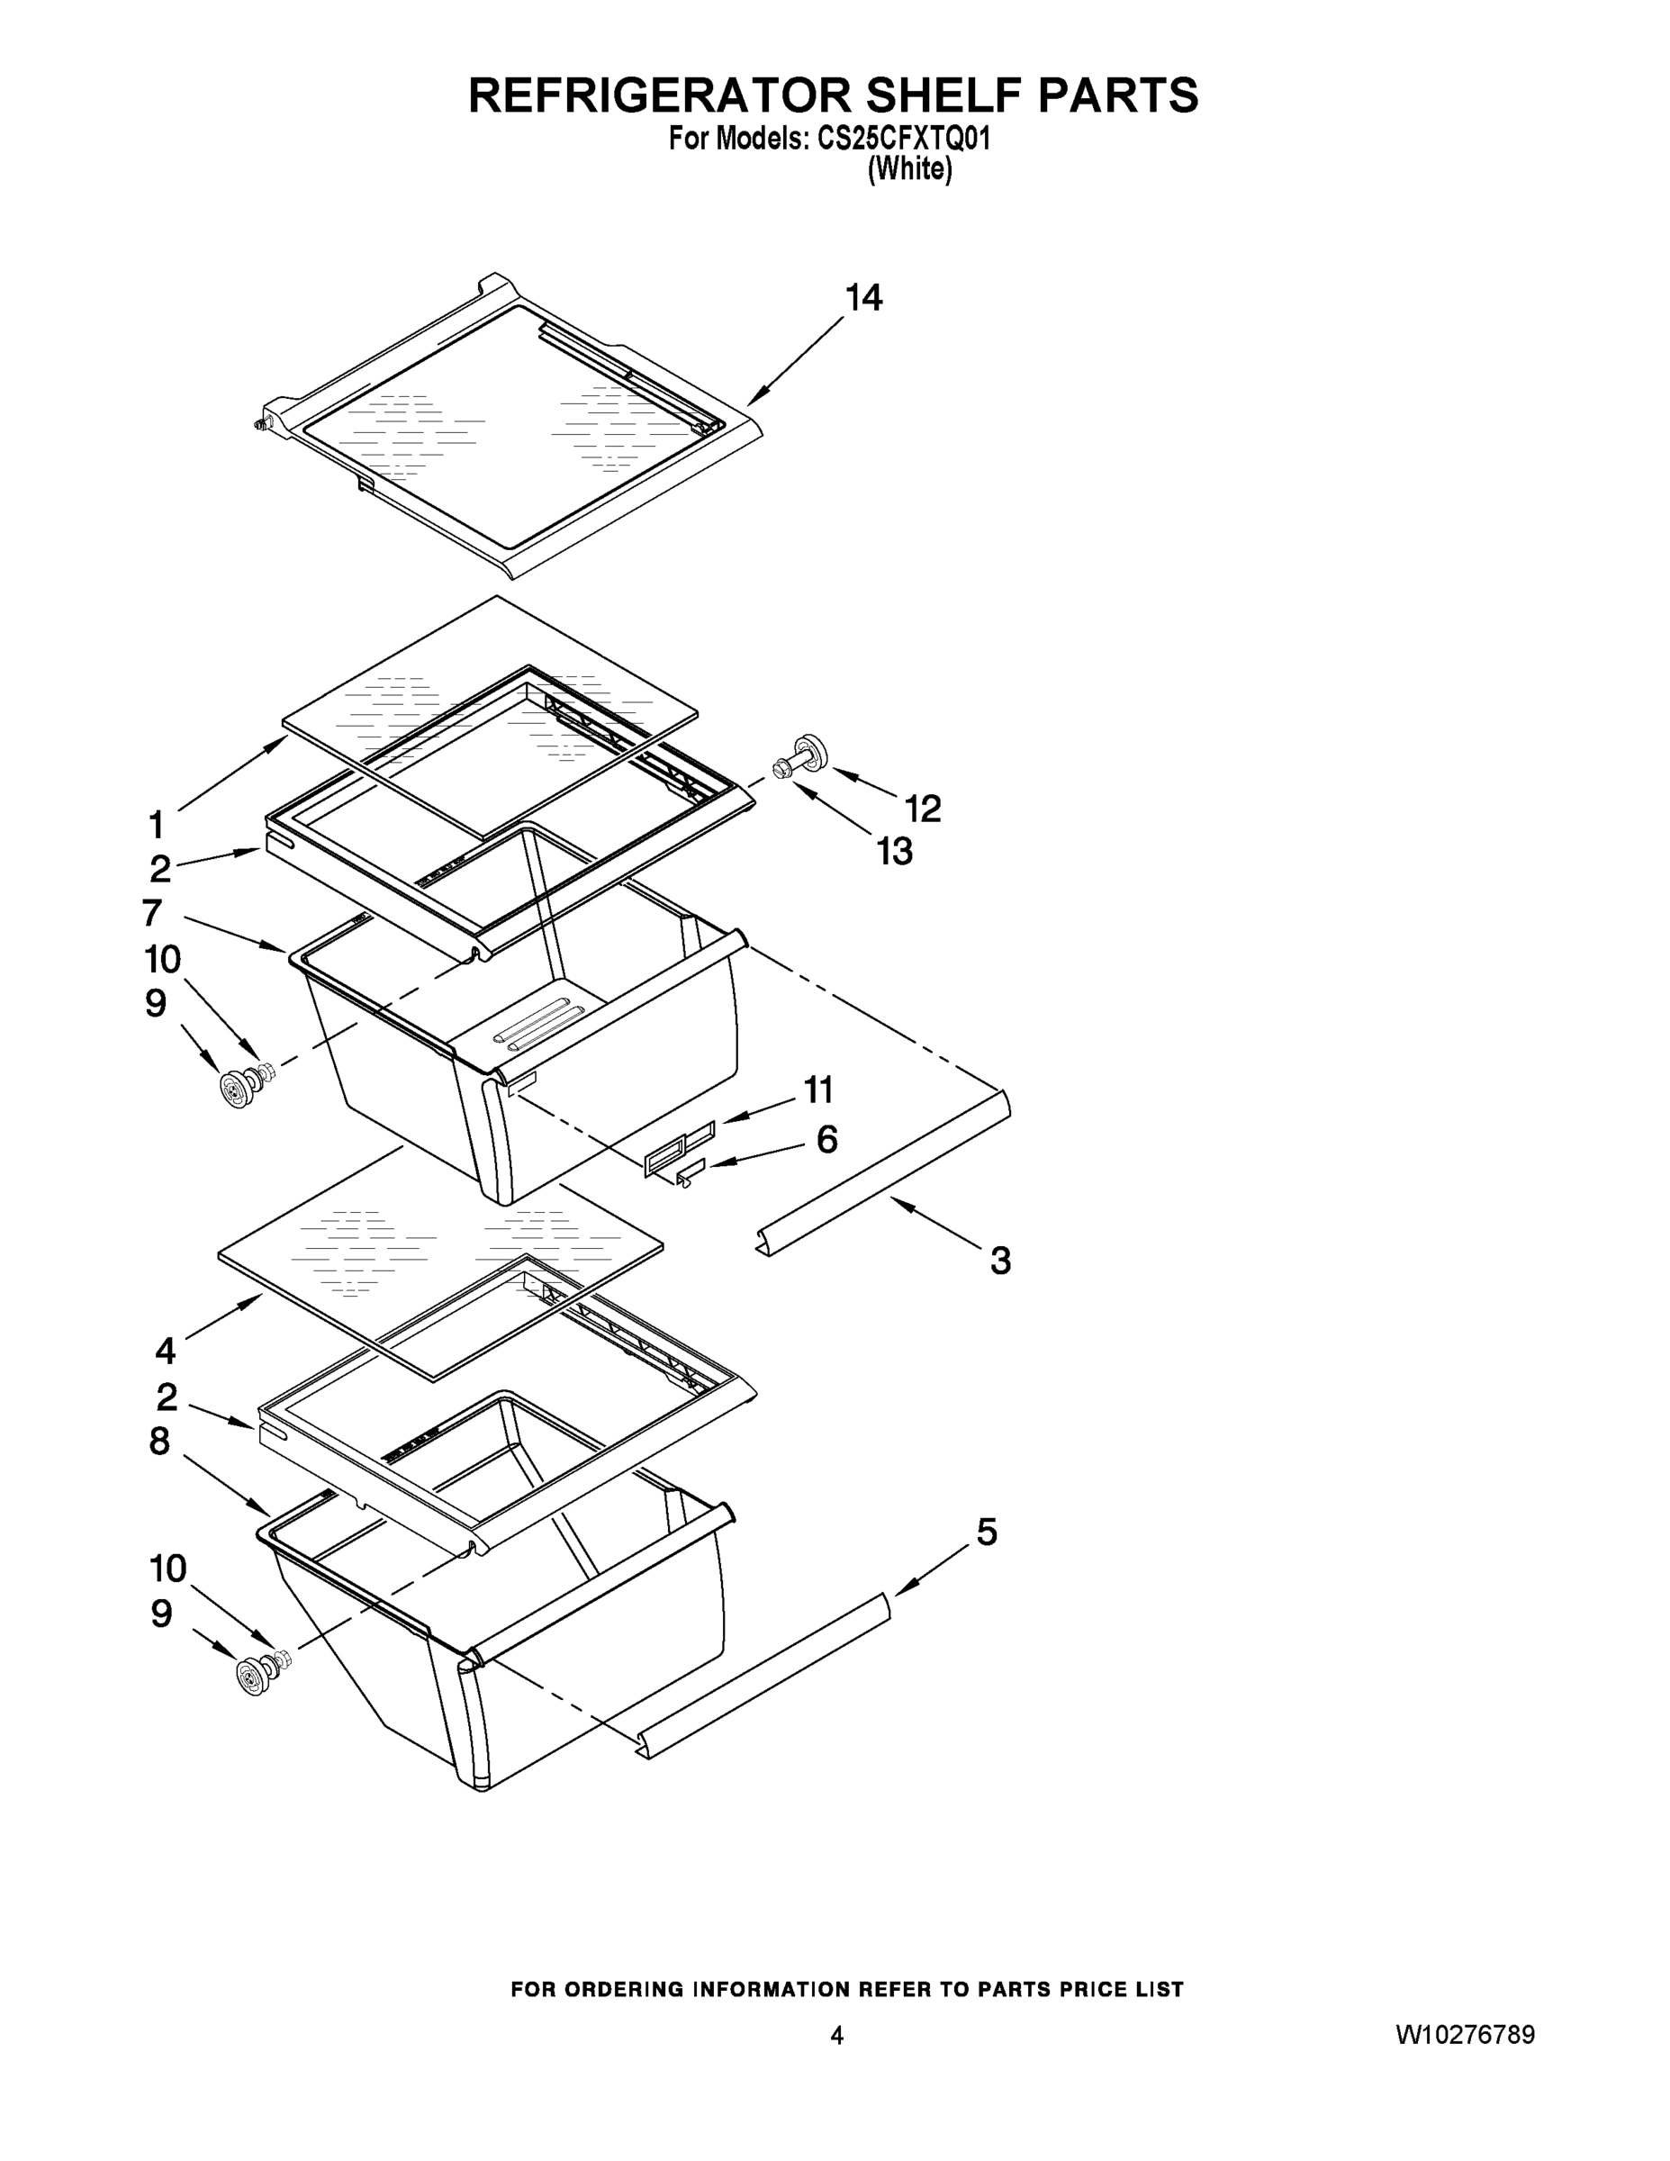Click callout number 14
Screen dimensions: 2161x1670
[x=862, y=297]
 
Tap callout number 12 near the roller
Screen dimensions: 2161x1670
[x=922, y=809]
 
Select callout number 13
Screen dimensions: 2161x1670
[x=896, y=851]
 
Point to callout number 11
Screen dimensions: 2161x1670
[x=818, y=1090]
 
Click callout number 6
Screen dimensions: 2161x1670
[x=827, y=1140]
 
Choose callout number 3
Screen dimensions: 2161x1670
[x=1000, y=1261]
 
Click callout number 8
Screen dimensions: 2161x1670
[x=160, y=1442]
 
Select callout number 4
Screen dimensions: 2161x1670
[x=166, y=1351]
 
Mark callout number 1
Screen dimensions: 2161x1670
[x=156, y=824]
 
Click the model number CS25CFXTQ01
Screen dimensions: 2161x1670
[x=903, y=140]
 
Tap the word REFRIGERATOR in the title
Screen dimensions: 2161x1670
[x=658, y=96]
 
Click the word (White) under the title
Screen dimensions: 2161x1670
[x=909, y=170]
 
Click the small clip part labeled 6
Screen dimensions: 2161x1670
[x=690, y=1171]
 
